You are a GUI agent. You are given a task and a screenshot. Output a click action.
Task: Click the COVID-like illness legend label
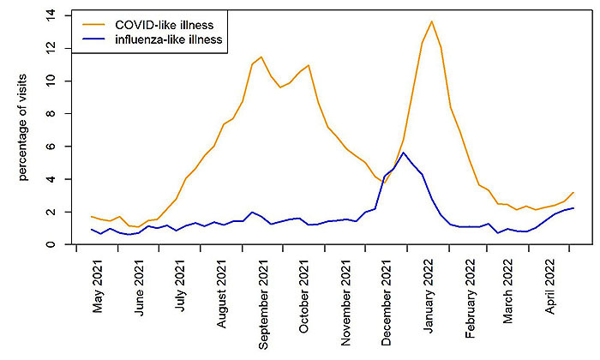(x=162, y=21)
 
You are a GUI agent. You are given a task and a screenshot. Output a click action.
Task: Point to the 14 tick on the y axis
(x=52, y=15)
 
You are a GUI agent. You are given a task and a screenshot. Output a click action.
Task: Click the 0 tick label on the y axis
(x=52, y=244)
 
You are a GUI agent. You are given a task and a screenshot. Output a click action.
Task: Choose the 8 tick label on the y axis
(x=52, y=114)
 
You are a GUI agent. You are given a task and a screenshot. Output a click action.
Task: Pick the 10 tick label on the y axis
(x=52, y=81)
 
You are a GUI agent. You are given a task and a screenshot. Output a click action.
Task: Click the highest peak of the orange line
(x=432, y=21)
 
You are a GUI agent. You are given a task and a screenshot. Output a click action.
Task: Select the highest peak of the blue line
(x=404, y=153)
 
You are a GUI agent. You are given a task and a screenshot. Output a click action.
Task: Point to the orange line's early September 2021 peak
(x=261, y=57)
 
